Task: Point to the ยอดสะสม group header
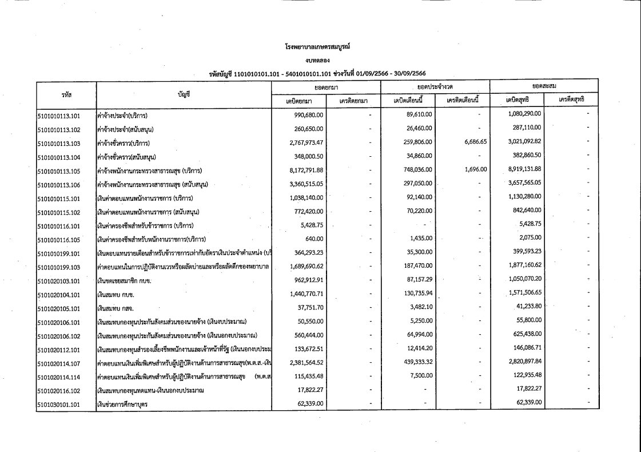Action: point(540,86)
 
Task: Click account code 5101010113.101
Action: point(59,114)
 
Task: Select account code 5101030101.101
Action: point(59,405)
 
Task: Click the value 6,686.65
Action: point(475,142)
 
